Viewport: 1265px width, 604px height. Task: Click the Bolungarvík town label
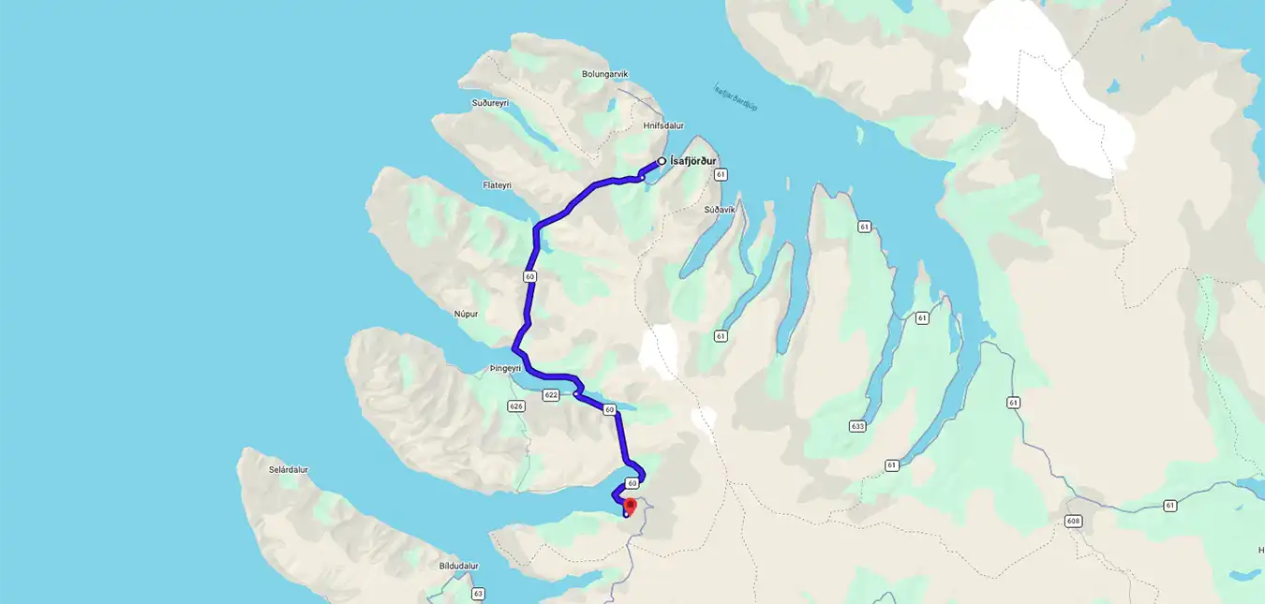(x=604, y=74)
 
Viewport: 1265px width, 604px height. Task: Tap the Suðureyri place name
(x=489, y=103)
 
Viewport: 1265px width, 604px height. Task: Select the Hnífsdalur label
(x=663, y=125)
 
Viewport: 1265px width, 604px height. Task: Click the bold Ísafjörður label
(x=693, y=161)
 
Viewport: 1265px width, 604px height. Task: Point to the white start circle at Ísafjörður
(x=662, y=161)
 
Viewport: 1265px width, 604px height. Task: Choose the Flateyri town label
(x=497, y=185)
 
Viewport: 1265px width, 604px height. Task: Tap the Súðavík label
(x=720, y=210)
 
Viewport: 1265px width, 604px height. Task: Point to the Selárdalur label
(x=288, y=470)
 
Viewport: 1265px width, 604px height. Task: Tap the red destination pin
(x=630, y=507)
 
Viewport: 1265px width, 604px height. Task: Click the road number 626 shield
(x=515, y=405)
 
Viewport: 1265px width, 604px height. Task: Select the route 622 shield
(x=551, y=395)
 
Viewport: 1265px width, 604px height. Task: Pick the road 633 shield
(x=857, y=426)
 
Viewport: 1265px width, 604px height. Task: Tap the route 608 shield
(x=1074, y=521)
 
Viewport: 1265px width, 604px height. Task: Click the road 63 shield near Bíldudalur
(x=478, y=594)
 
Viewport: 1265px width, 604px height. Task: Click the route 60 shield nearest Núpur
(x=530, y=276)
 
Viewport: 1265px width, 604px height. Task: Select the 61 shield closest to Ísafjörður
(x=720, y=175)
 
